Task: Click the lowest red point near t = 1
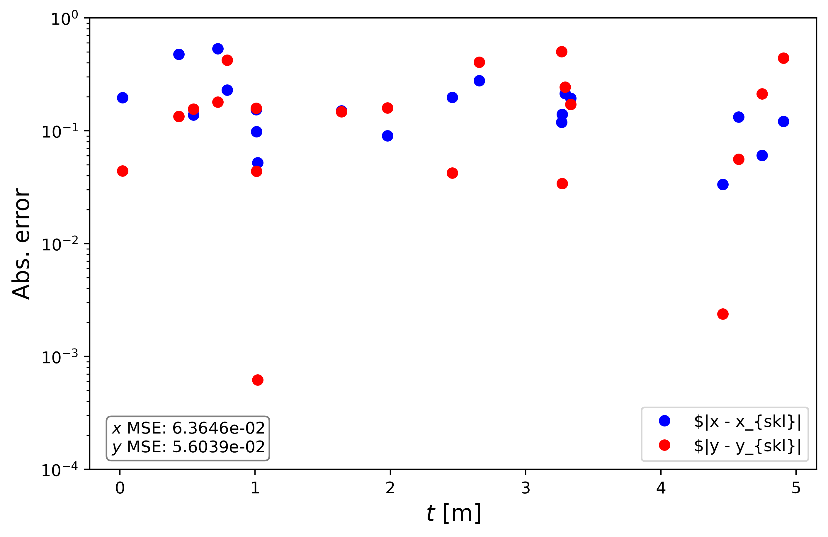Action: pos(257,380)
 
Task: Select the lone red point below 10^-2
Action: pos(722,314)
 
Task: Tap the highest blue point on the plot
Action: pos(218,49)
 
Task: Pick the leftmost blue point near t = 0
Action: pos(123,97)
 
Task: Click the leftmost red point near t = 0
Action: pos(123,171)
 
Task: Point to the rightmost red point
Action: pos(783,58)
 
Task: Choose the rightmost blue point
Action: pos(783,121)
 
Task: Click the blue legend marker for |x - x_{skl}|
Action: pos(664,421)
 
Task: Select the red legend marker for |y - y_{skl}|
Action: pos(664,445)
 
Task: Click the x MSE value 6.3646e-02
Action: pos(218,428)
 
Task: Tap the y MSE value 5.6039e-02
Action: pos(218,447)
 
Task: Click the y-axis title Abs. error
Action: pos(21,243)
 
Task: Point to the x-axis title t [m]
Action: pos(453,513)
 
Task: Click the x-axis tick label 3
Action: pos(525,488)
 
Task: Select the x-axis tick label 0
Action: pos(120,488)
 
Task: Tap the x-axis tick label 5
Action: pos(796,488)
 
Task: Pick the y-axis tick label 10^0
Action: pos(64,19)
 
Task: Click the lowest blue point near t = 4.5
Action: pos(722,184)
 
